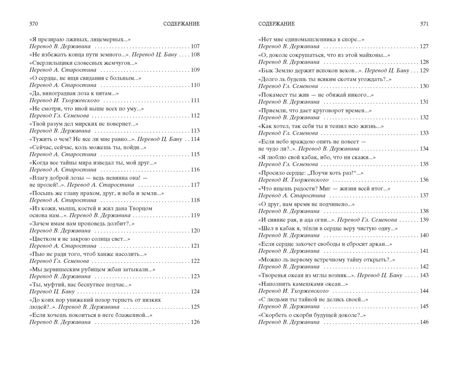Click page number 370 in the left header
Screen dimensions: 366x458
click(x=34, y=24)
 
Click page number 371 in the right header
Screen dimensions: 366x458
click(x=424, y=24)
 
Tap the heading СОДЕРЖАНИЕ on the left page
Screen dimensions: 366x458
click(x=182, y=24)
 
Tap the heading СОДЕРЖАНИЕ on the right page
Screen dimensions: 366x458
click(x=276, y=24)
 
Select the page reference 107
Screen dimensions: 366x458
click(x=195, y=47)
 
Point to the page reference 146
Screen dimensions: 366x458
click(x=424, y=322)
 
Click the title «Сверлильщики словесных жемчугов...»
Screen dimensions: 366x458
click(x=83, y=63)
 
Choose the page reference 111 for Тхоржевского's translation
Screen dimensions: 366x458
click(x=195, y=101)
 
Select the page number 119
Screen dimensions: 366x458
click(x=195, y=215)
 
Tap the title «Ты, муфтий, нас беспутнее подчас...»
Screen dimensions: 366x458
click(x=80, y=285)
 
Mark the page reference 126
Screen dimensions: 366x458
click(x=195, y=322)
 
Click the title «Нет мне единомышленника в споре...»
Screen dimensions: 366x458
click(x=311, y=40)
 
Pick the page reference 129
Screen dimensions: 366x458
click(x=424, y=70)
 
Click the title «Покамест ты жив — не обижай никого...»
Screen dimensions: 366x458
click(x=316, y=95)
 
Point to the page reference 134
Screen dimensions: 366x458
click(x=424, y=149)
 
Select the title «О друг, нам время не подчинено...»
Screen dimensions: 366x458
click(x=306, y=204)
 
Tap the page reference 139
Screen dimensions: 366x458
click(x=424, y=220)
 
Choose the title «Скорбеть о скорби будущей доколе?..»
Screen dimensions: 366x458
click(x=312, y=315)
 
